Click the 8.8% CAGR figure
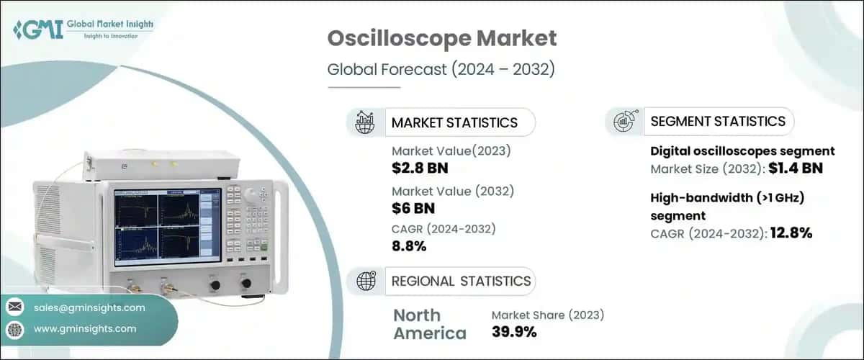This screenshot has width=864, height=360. click(409, 246)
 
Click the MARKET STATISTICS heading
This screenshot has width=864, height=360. click(454, 122)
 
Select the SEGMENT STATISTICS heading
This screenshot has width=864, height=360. click(718, 121)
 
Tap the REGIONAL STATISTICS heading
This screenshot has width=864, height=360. click(461, 281)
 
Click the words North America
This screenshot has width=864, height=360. click(429, 324)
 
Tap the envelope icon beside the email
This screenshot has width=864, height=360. click(14, 307)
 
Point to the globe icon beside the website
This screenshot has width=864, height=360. click(14, 329)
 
